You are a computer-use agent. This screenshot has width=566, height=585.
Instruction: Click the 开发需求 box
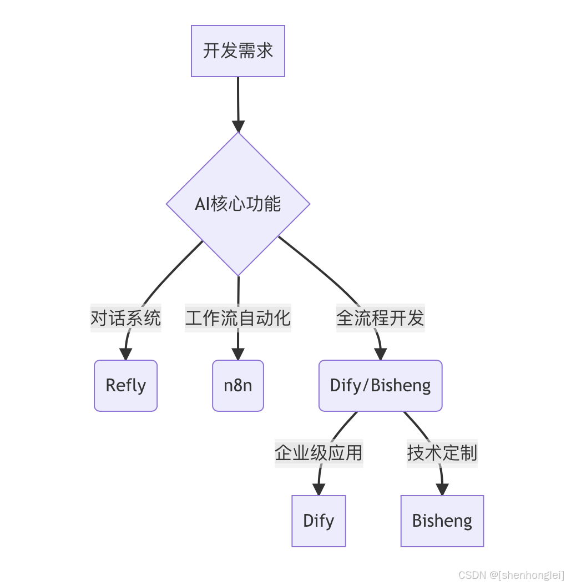click(x=238, y=51)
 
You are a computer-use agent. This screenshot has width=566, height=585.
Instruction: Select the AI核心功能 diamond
click(x=238, y=204)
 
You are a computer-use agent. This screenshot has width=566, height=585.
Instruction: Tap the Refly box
click(x=125, y=386)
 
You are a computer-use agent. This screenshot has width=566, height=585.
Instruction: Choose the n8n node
click(x=238, y=386)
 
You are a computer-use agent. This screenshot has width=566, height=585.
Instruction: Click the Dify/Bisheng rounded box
click(x=380, y=386)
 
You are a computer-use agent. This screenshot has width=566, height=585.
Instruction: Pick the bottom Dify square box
click(x=319, y=521)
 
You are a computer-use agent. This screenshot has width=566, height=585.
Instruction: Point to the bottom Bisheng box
click(x=442, y=521)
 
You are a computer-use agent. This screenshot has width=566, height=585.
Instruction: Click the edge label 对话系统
click(x=126, y=318)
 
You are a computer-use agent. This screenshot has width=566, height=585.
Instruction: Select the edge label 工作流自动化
click(x=238, y=318)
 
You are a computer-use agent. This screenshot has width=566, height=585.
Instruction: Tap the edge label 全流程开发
click(x=380, y=318)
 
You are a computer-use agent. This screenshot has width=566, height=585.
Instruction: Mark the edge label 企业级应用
click(x=319, y=453)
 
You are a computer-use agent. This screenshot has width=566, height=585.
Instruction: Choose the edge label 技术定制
click(x=442, y=453)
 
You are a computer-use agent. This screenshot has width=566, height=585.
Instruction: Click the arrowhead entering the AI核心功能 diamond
click(x=238, y=127)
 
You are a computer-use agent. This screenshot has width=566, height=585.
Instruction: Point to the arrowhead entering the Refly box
click(x=125, y=354)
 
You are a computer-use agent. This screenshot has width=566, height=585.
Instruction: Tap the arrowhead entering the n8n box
click(x=238, y=354)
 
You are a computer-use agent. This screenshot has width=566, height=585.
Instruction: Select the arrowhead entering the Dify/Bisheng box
click(x=380, y=354)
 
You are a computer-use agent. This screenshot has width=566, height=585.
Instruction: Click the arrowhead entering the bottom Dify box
click(x=319, y=490)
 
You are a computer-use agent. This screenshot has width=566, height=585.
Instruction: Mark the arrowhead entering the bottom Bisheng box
click(x=442, y=490)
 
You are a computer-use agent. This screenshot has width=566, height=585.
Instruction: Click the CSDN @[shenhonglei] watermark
click(x=511, y=575)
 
